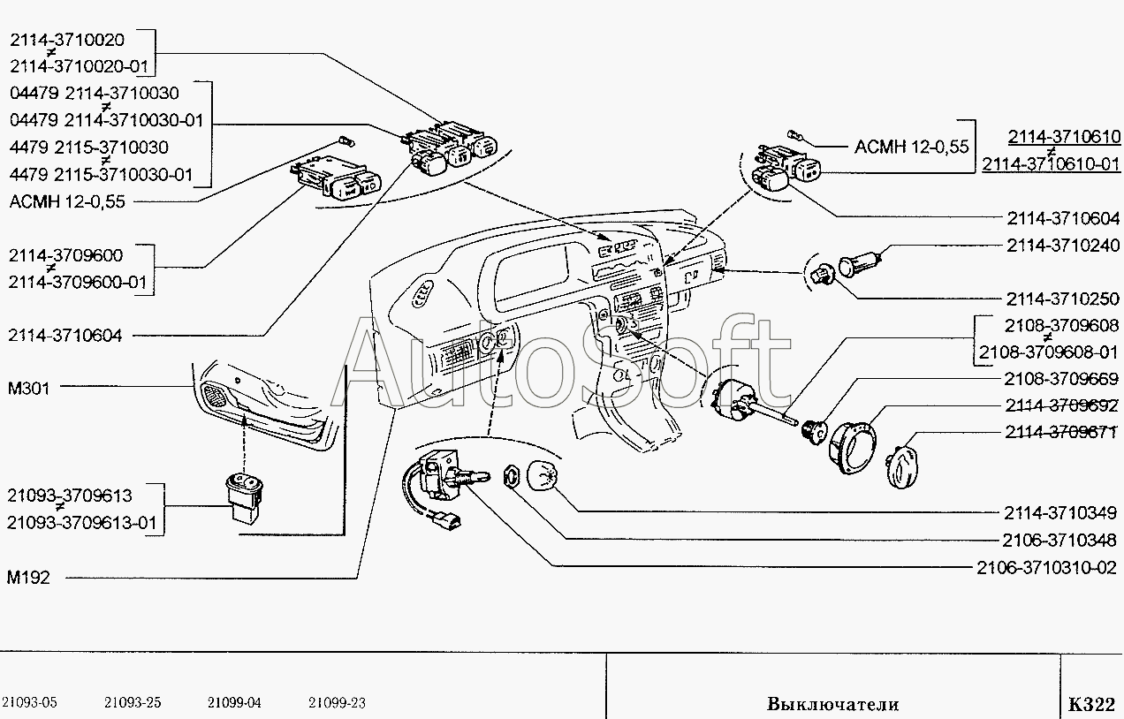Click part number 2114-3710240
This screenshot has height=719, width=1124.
click(x=1061, y=246)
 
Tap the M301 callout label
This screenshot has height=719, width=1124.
click(x=29, y=387)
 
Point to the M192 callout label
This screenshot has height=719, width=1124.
click(x=29, y=578)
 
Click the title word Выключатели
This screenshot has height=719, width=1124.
click(x=832, y=704)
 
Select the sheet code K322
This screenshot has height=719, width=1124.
click(x=1090, y=704)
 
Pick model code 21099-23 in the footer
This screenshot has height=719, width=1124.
click(x=337, y=703)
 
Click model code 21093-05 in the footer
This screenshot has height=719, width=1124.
click(x=29, y=703)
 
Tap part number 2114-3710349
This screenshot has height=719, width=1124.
click(x=1061, y=511)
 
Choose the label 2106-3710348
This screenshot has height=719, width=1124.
click(x=1061, y=538)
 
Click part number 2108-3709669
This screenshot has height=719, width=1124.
click(x=1061, y=380)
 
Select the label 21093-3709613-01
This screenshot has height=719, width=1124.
click(x=81, y=523)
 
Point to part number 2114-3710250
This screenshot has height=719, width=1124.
click(x=1061, y=299)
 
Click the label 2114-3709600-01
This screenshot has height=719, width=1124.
click(x=79, y=283)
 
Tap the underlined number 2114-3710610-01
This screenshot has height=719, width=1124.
click(x=1051, y=163)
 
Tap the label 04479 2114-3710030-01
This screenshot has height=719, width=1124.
click(x=106, y=120)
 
